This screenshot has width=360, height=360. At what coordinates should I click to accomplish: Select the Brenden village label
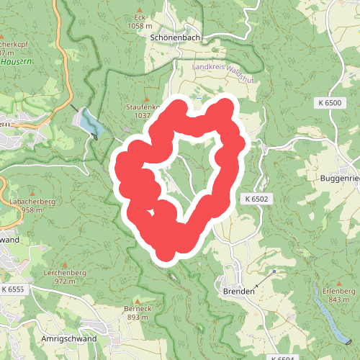point(239,291)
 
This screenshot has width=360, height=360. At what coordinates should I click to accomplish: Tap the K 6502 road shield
point(256,198)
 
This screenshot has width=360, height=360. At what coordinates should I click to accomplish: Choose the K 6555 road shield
point(12,289)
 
